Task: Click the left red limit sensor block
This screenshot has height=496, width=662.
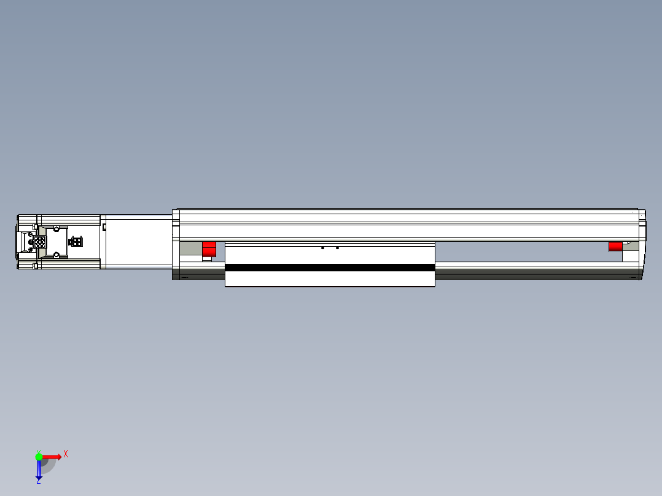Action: tap(209, 249)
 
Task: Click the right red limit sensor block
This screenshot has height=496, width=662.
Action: tap(615, 246)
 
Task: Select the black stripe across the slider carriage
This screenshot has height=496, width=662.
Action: tap(330, 268)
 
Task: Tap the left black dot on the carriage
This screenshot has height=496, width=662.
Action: tap(323, 248)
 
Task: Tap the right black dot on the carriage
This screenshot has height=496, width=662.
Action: tap(337, 248)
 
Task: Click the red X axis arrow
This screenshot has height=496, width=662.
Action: tap(52, 457)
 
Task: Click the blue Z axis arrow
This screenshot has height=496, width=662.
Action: tap(39, 469)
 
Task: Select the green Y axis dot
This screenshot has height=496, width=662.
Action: tap(39, 456)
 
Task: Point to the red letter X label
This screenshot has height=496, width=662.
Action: tap(66, 454)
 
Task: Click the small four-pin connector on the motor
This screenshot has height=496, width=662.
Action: tap(77, 241)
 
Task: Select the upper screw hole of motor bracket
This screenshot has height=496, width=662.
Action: tap(56, 229)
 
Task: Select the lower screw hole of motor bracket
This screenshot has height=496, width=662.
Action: tap(56, 254)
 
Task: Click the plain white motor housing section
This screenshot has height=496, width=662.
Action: tap(138, 241)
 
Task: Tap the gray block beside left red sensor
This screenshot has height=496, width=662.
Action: tap(191, 249)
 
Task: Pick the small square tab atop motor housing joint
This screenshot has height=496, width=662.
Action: tap(104, 227)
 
